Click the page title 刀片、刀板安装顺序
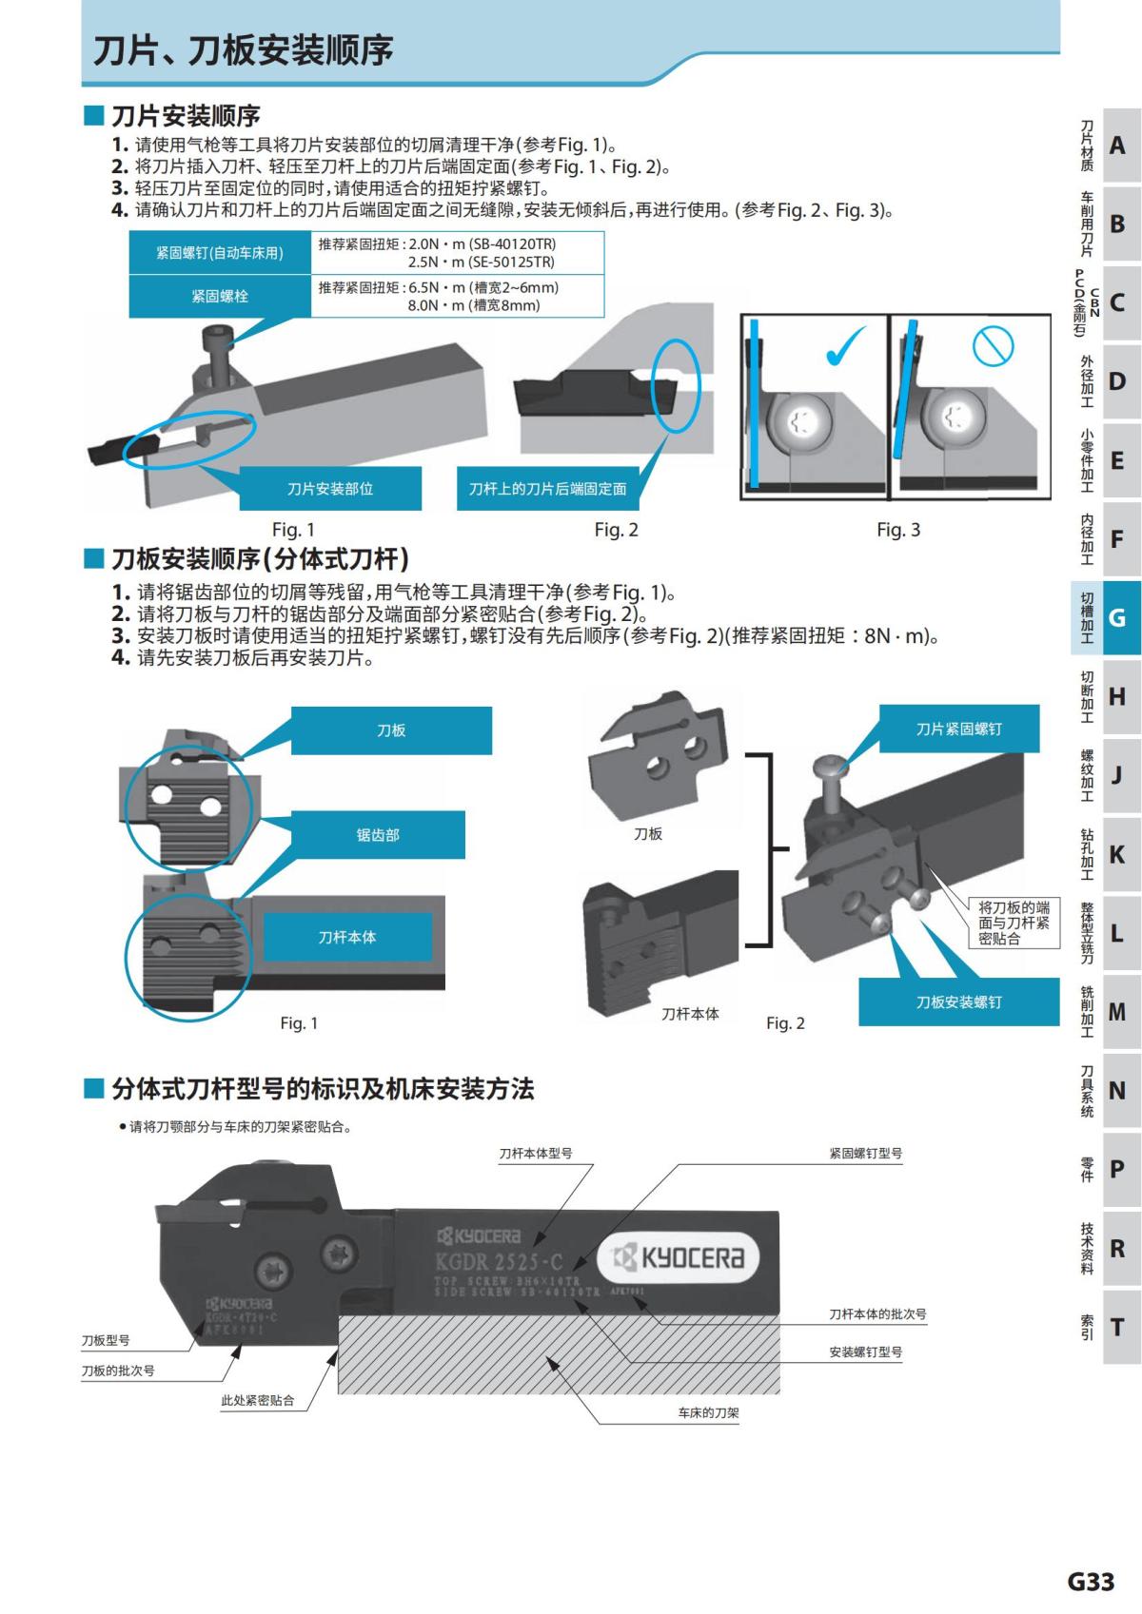pyautogui.click(x=243, y=49)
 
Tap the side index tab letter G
pyautogui.click(x=1117, y=618)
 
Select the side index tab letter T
pyautogui.click(x=1117, y=1327)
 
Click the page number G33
pyautogui.click(x=1090, y=1582)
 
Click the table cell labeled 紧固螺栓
pyautogui.click(x=220, y=296)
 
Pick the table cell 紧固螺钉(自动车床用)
pyautogui.click(x=220, y=253)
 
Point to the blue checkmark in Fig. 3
pyautogui.click(x=845, y=347)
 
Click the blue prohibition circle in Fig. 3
pyautogui.click(x=993, y=345)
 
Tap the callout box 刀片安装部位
pyautogui.click(x=329, y=489)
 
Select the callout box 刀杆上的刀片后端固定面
pyautogui.click(x=547, y=489)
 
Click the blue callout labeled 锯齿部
pyautogui.click(x=378, y=835)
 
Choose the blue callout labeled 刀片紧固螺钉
pyautogui.click(x=958, y=729)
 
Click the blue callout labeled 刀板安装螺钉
pyautogui.click(x=958, y=1002)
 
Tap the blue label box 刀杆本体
pyautogui.click(x=346, y=938)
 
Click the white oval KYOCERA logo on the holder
pyautogui.click(x=679, y=1258)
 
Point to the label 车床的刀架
pyautogui.click(x=708, y=1413)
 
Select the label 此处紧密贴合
pyautogui.click(x=257, y=1401)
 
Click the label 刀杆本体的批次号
pyautogui.click(x=877, y=1314)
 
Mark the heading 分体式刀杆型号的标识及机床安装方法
pyautogui.click(x=323, y=1089)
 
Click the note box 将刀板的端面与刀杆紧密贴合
pyautogui.click(x=1014, y=923)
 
